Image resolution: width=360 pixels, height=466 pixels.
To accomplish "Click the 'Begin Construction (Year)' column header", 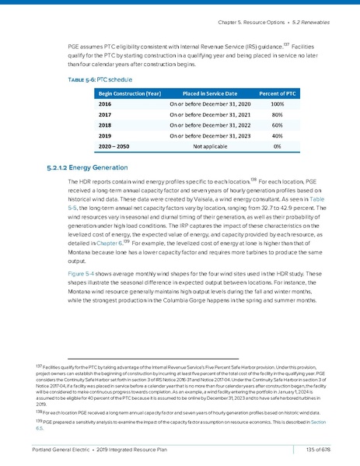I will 129,91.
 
